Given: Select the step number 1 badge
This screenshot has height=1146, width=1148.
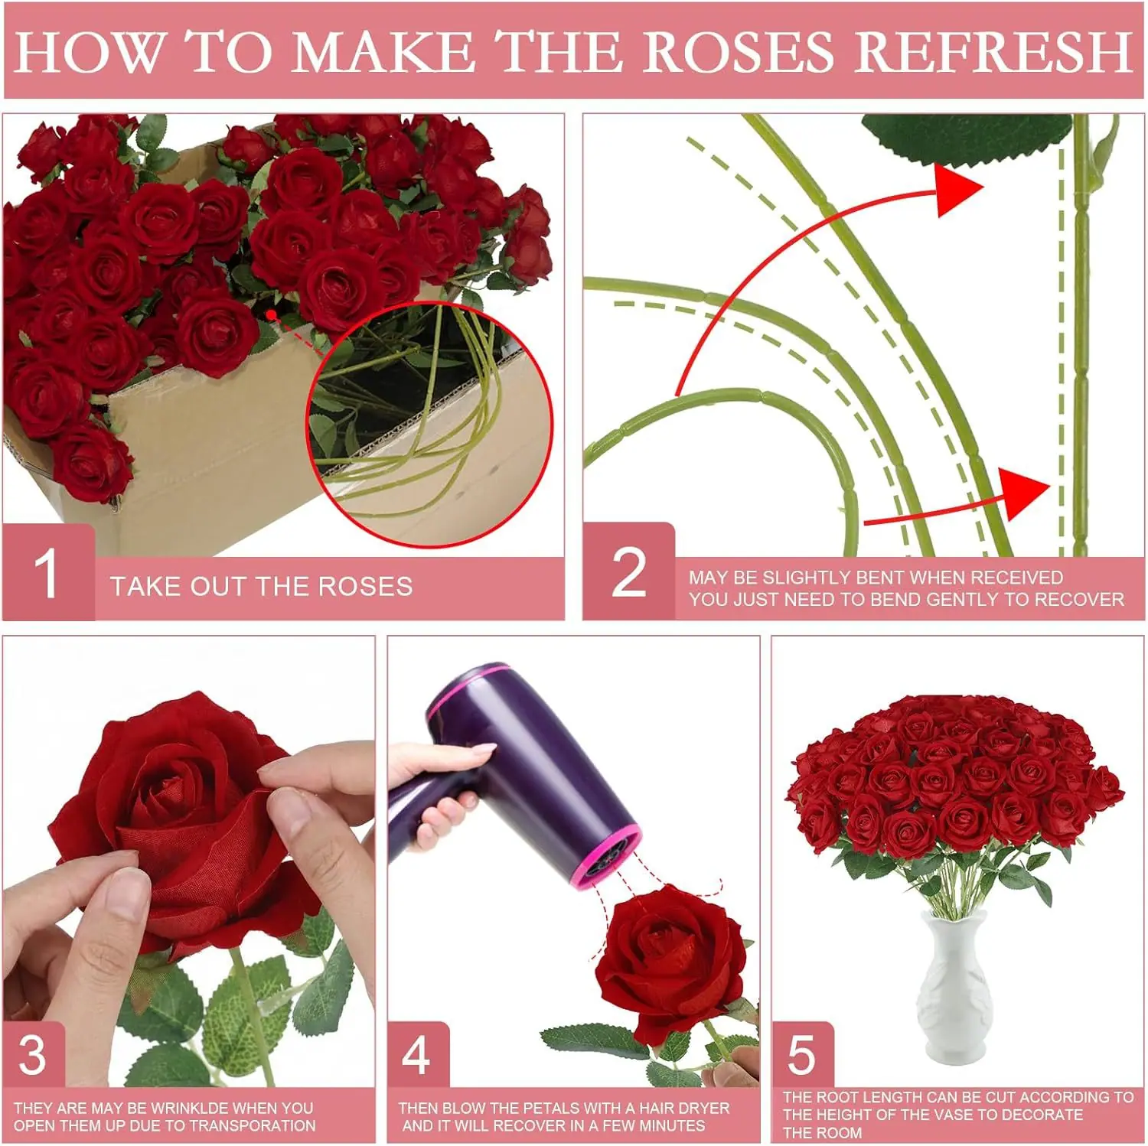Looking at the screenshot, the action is click(48, 572).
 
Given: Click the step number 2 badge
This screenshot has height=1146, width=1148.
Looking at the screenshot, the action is click(628, 571).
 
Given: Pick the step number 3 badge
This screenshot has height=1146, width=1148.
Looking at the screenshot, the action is click(33, 1055).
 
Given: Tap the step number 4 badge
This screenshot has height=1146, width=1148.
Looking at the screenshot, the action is click(417, 1055).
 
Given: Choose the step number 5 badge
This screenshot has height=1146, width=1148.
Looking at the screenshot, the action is click(802, 1055).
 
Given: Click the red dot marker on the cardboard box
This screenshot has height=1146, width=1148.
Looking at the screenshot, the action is click(271, 314).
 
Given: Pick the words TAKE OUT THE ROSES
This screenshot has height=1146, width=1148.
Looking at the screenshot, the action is click(261, 586).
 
